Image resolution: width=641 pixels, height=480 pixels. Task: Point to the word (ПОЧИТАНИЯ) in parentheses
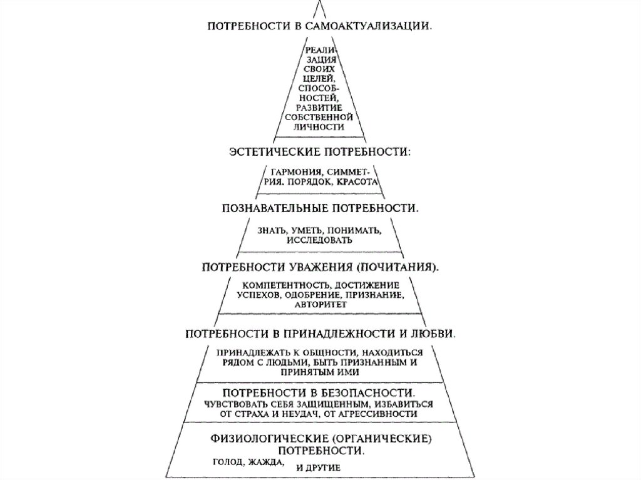point(398,267)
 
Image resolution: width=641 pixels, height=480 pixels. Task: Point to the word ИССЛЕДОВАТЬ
point(320,240)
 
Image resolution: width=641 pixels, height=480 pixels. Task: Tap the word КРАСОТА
point(356,182)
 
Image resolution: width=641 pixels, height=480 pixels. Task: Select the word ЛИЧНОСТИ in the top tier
point(320,126)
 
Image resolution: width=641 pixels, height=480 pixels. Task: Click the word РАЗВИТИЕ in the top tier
point(320,107)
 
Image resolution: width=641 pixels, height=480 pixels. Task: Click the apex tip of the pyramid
point(320,2)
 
